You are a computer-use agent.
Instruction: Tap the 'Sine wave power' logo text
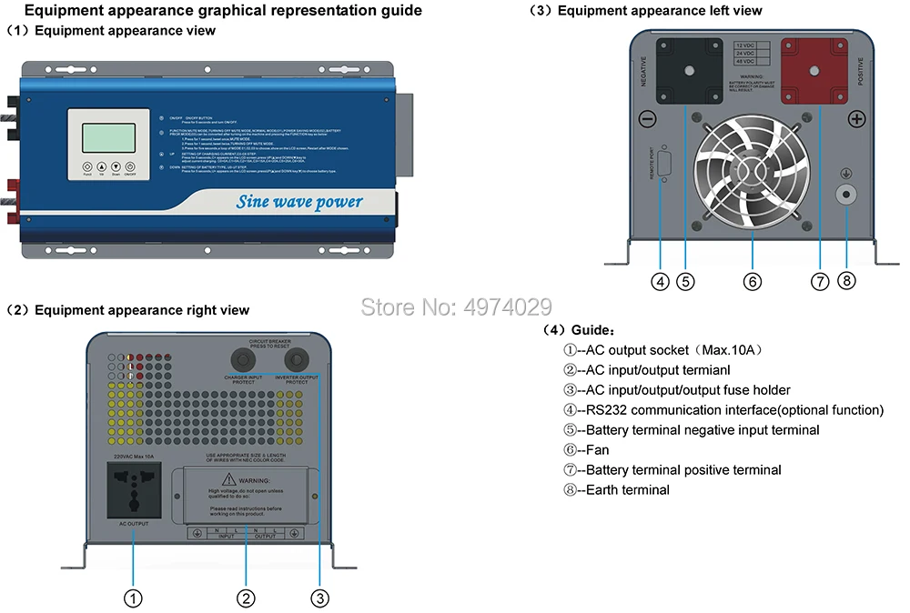tap(299, 202)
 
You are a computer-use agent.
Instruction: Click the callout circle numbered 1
tap(133, 598)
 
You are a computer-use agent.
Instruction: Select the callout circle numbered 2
tap(246, 598)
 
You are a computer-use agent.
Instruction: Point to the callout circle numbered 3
tap(319, 598)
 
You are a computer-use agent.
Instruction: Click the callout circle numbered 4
tap(661, 282)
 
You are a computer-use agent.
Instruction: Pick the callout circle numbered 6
tap(753, 282)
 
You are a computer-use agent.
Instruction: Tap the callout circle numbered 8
tap(846, 282)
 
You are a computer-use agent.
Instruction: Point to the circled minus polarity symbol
tap(648, 119)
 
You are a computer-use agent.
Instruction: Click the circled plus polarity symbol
tap(856, 119)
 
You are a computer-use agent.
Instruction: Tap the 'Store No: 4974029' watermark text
tap(456, 306)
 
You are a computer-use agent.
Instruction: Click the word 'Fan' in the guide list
tap(598, 450)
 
